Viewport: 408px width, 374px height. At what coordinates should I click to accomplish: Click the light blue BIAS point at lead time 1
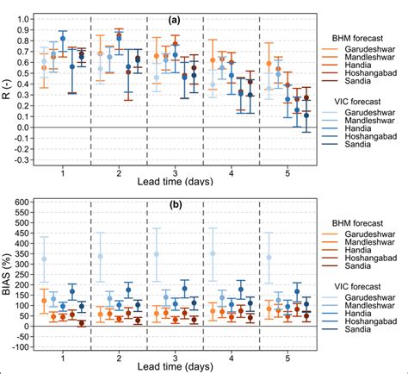(x=45, y=259)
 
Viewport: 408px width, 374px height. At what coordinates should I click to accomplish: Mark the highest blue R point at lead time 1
(x=63, y=39)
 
